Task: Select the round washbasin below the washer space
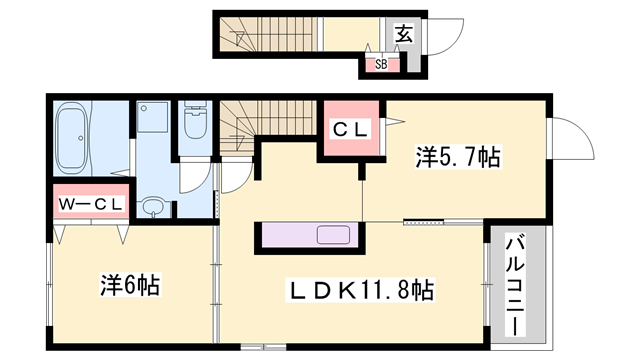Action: click(153, 207)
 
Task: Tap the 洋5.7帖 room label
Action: click(458, 157)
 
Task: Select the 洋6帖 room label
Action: click(131, 283)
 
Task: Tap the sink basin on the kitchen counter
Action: click(333, 236)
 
